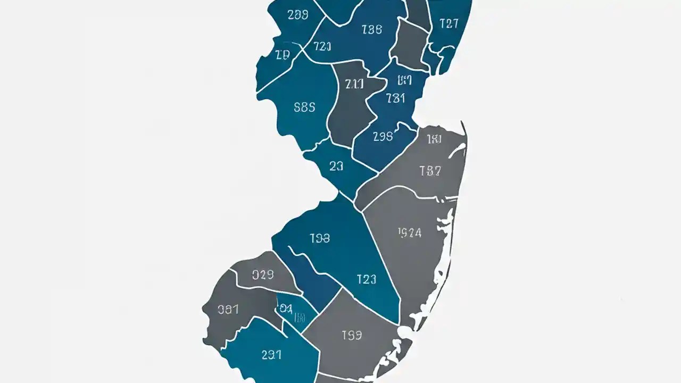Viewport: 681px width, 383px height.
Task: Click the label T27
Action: (449, 23)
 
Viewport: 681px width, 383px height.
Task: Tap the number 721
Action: (322, 46)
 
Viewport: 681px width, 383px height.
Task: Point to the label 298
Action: (383, 136)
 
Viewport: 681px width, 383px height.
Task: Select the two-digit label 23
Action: (336, 166)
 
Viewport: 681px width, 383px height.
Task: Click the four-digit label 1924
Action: (410, 232)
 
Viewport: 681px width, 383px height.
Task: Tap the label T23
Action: (366, 279)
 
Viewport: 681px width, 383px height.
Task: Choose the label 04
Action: (286, 308)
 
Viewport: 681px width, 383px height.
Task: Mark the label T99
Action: (352, 335)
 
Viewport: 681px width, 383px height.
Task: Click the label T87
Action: (430, 171)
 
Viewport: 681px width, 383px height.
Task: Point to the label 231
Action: (271, 355)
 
